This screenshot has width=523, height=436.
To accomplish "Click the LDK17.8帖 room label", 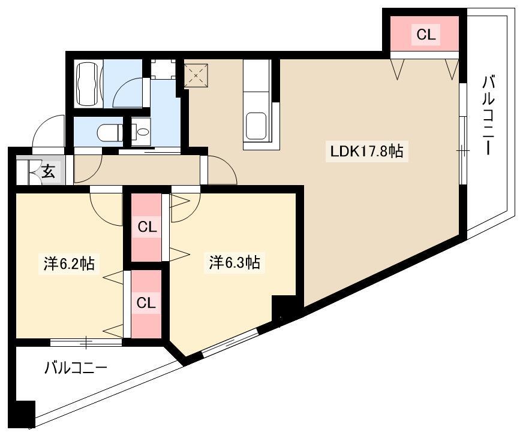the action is pos(366,152).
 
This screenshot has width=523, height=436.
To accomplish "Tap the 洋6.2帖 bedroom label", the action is pos(70,264).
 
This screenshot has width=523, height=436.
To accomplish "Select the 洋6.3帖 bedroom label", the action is pos(235,262).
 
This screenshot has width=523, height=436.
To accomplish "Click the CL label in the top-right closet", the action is pos(426,34).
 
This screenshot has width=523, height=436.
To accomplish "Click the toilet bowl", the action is pos(110,133).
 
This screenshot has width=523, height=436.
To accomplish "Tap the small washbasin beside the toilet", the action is pos(141,132).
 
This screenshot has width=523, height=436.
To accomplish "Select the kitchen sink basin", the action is pos(256,126).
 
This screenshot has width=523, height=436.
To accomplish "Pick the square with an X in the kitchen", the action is pos(196,75).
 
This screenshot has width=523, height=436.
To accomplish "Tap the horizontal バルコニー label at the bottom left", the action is pos(76,368).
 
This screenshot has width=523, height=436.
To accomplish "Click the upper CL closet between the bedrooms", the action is pos(146,228).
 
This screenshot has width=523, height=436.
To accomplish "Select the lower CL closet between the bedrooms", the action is pos(146,304).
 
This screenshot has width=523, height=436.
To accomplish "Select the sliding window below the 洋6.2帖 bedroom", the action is pos(86,342).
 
